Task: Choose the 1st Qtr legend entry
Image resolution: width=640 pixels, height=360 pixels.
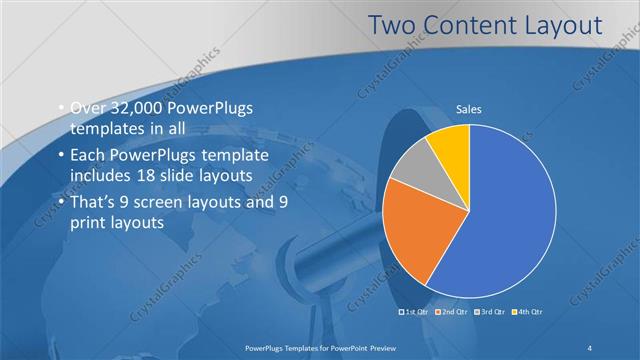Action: [417, 313]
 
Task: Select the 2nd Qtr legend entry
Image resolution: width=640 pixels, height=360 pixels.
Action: [455, 313]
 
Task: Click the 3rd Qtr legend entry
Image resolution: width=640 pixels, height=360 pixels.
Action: [492, 313]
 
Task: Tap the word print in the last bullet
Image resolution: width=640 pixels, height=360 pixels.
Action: [89, 224]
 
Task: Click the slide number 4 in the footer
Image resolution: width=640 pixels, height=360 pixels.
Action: [591, 347]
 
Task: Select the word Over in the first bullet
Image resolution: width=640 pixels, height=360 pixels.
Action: [87, 109]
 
